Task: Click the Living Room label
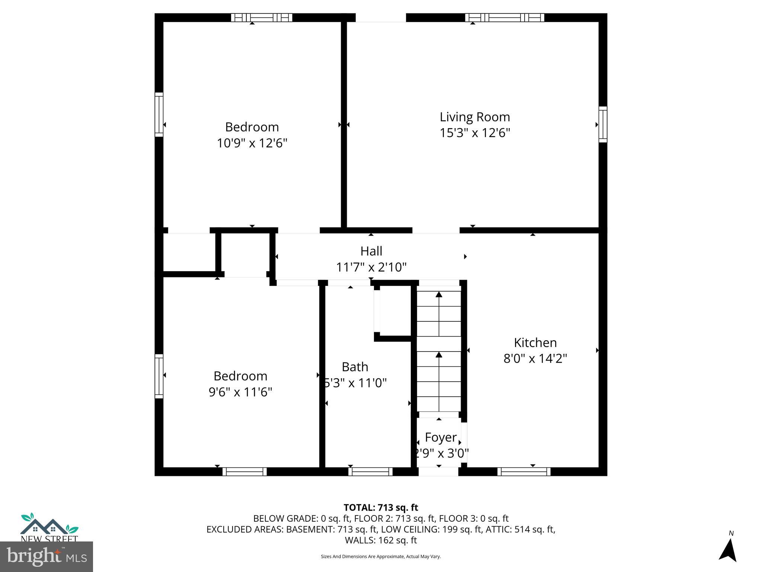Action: tap(475, 117)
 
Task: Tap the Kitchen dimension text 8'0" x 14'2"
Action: tap(535, 359)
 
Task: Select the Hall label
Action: tap(371, 251)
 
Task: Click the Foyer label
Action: tap(441, 437)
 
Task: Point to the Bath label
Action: tap(355, 367)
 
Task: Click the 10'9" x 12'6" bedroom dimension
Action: tap(252, 143)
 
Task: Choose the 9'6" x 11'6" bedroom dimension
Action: tap(240, 392)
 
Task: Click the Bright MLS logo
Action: tap(47, 557)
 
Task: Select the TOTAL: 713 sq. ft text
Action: tap(381, 508)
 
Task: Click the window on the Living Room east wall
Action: tap(602, 124)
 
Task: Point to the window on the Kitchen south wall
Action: tap(524, 471)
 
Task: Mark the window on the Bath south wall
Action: tap(370, 471)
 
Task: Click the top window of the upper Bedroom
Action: tap(261, 18)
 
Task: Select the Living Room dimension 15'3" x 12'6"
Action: tap(475, 133)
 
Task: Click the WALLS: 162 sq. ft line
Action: tap(381, 540)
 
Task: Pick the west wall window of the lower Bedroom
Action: tap(159, 376)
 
